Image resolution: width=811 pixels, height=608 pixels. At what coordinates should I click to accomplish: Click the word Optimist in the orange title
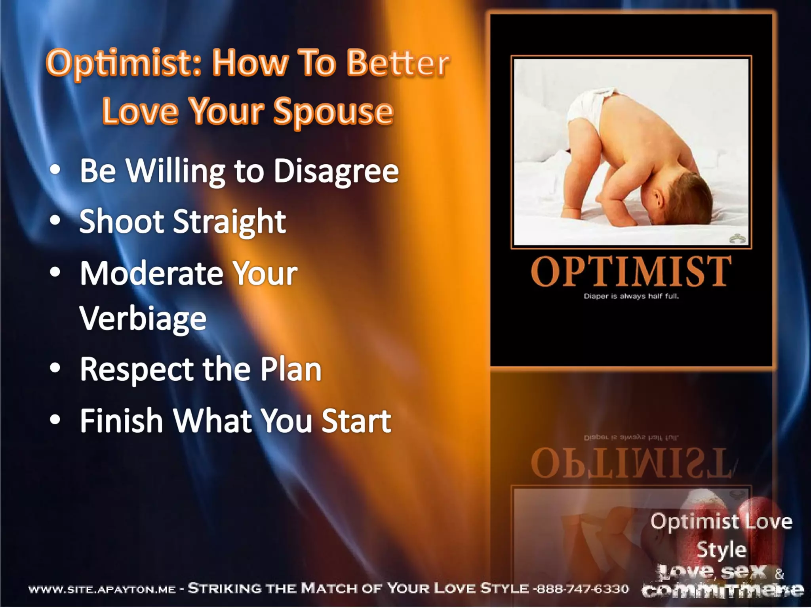(123, 63)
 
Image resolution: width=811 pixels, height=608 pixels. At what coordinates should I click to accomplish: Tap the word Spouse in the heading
(333, 112)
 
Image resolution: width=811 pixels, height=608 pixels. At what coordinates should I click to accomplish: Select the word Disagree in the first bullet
(336, 171)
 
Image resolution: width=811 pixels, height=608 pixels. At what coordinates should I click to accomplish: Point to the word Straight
(230, 222)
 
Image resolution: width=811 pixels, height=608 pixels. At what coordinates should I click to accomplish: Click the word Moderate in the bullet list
(151, 273)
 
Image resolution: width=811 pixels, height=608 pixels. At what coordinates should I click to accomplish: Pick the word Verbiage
(143, 318)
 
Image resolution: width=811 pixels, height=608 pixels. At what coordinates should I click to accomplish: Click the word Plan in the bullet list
(291, 369)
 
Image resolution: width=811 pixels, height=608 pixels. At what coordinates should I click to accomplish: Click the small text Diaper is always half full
(631, 296)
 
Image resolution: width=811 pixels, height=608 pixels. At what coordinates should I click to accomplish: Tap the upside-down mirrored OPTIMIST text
(631, 463)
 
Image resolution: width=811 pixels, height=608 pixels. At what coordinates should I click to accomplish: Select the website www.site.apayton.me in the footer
(102, 590)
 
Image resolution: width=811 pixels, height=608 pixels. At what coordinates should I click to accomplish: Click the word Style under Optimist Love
(722, 550)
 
